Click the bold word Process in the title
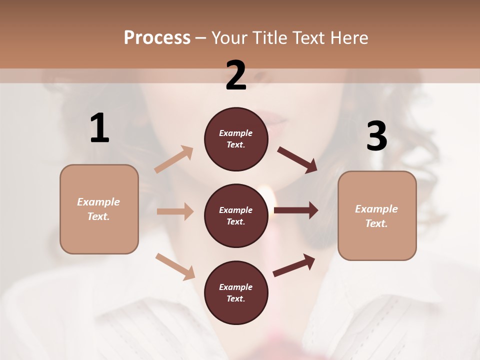click(x=157, y=37)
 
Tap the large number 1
click(x=99, y=128)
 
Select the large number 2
click(x=236, y=75)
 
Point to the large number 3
click(x=376, y=136)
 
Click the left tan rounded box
click(x=99, y=209)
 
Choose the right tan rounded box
click(x=377, y=215)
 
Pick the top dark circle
click(x=236, y=139)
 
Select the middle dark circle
click(x=236, y=215)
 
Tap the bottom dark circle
click(x=236, y=292)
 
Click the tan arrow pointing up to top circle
click(x=174, y=159)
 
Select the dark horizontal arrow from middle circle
click(x=296, y=210)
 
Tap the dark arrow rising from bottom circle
click(x=294, y=265)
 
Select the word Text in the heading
click(x=309, y=37)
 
